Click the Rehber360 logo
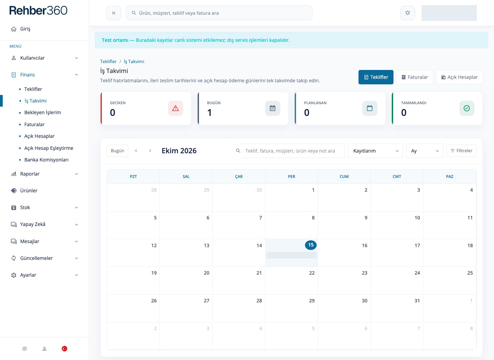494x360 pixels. pos(38,10)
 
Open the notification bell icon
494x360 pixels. pos(408,13)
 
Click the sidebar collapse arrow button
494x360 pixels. pos(114,13)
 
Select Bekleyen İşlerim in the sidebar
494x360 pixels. pos(43,112)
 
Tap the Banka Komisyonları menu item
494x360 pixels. pos(46,160)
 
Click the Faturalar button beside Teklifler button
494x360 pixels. pos(414,77)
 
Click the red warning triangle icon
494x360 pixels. pos(176,108)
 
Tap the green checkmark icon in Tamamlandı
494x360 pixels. pos(467,108)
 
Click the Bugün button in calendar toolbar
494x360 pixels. pos(117,151)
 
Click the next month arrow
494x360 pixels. pos(150,151)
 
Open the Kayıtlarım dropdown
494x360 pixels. pos(375,151)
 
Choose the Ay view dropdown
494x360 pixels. pos(425,151)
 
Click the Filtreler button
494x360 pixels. pos(461,151)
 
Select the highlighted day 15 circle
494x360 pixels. pos(311,245)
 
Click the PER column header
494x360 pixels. pos(291,177)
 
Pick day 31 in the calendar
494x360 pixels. pos(417,301)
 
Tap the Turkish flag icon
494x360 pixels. pos(64,349)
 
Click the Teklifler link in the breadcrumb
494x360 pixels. pos(108,61)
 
